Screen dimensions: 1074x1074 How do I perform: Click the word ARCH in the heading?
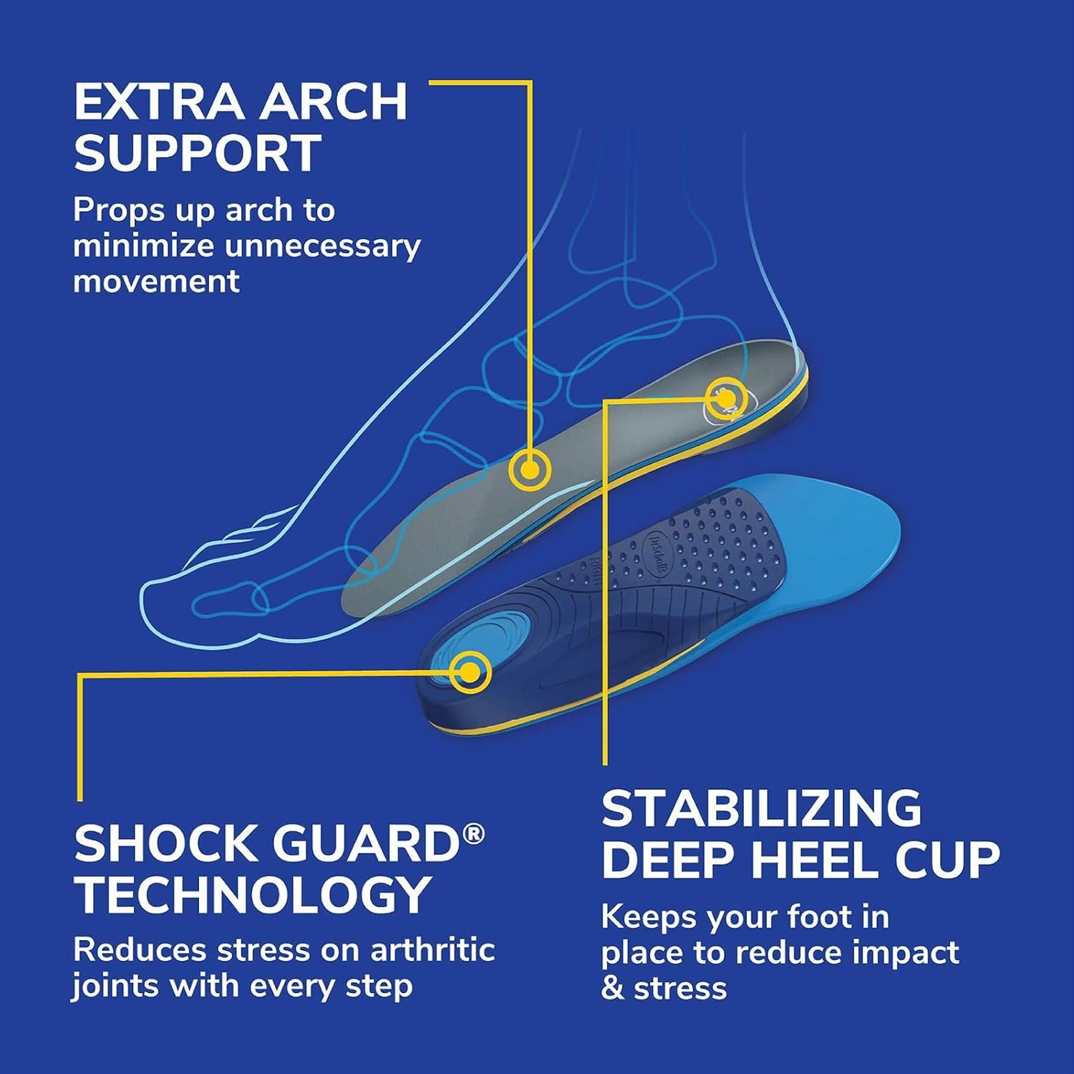(x=334, y=102)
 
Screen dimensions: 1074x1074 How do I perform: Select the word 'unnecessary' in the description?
(x=322, y=246)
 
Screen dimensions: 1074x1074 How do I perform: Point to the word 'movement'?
(x=156, y=281)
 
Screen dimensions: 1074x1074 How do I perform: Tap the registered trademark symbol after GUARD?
(x=473, y=834)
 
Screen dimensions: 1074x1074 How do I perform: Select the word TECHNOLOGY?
(x=252, y=894)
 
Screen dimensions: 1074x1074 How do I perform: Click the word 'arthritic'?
(x=432, y=950)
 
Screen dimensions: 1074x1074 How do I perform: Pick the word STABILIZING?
(x=762, y=808)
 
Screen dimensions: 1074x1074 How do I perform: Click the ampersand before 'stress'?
(x=612, y=989)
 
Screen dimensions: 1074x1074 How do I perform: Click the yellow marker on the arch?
(x=529, y=470)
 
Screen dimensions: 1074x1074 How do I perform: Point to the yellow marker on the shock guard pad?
(x=470, y=673)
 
